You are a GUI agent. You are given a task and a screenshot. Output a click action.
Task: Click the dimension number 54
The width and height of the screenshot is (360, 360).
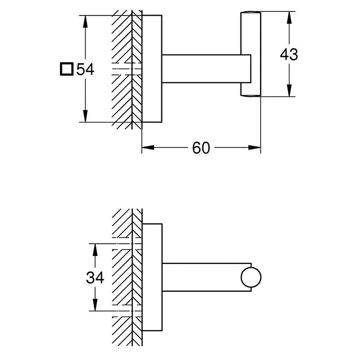coord(85,69)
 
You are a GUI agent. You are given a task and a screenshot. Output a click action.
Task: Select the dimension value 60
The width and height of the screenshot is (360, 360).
coord(201,147)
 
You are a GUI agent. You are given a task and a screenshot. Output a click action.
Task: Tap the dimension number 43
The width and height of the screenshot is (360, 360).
coord(289,55)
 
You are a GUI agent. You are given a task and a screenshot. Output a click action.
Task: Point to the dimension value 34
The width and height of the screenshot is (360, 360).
coord(95,277)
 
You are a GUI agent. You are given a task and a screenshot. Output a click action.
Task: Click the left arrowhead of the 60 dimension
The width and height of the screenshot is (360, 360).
coord(148,147)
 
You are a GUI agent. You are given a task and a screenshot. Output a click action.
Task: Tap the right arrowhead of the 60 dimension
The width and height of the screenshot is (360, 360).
coord(254,147)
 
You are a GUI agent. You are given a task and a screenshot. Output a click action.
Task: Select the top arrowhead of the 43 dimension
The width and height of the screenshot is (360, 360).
coord(289,18)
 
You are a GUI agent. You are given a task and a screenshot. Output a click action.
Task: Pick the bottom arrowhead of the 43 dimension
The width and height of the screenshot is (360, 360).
coord(289,91)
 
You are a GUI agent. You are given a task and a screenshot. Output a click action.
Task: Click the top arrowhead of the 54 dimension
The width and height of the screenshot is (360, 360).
coord(85,22)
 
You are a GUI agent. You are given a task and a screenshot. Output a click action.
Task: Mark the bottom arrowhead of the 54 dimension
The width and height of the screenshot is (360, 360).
coord(85,116)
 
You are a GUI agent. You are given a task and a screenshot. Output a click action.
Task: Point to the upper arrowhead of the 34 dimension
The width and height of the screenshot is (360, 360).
coord(95,249)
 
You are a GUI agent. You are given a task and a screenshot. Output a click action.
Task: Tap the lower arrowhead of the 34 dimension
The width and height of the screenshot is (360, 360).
coord(95,305)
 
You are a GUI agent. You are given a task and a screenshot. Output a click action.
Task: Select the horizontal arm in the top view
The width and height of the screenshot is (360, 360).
coord(206,69)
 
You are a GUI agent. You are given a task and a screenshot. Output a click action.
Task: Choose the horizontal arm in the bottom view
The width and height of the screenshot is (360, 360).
coord(206,277)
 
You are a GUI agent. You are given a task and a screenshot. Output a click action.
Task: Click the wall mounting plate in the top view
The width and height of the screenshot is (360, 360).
coord(152,69)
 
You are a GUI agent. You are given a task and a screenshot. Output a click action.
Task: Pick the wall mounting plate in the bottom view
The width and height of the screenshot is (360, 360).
coord(152,277)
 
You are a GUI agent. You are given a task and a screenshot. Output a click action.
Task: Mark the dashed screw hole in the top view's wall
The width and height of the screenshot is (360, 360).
coord(127,69)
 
